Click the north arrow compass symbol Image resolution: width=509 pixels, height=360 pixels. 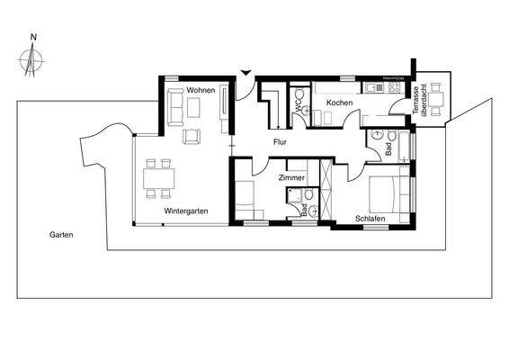[x=33, y=61]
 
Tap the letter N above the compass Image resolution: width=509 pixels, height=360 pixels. [x=33, y=38]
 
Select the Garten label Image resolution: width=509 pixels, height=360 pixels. [x=62, y=235]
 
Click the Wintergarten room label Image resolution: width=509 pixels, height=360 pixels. [x=186, y=211]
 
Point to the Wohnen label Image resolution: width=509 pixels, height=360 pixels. [x=201, y=90]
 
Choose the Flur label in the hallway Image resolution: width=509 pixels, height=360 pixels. [x=281, y=142]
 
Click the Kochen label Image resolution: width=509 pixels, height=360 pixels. [x=339, y=103]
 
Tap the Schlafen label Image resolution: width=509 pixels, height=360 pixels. [x=371, y=219]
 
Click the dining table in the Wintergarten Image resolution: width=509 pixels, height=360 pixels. [x=158, y=176]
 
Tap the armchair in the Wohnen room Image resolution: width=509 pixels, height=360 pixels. [x=191, y=136]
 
